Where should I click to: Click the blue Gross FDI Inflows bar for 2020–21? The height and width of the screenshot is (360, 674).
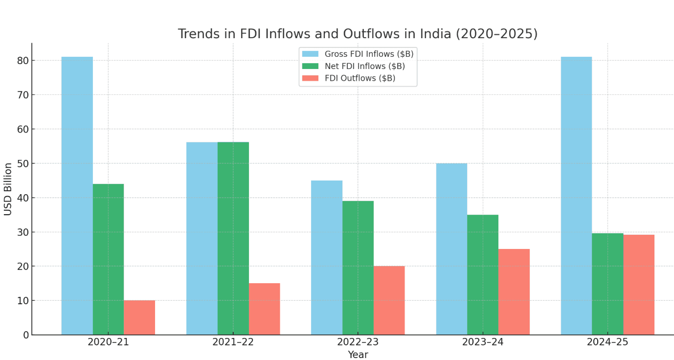77,196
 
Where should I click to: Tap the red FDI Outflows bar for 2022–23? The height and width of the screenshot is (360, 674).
389,300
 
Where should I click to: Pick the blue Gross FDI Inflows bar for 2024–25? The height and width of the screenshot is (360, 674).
576,196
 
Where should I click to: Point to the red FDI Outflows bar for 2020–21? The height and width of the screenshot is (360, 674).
139,317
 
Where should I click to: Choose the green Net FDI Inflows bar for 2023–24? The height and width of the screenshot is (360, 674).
482,274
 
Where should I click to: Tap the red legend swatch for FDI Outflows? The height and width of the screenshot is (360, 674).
310,78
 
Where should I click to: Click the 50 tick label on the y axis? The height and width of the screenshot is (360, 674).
23,163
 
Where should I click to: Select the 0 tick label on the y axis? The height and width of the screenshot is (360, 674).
26,335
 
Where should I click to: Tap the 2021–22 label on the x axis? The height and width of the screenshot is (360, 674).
233,342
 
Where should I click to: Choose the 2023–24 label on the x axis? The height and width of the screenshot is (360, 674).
482,342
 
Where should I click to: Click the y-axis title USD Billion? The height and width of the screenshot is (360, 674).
8,189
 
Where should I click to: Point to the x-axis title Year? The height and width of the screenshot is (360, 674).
358,355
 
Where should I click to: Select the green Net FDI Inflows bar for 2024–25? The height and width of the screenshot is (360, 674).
607,284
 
